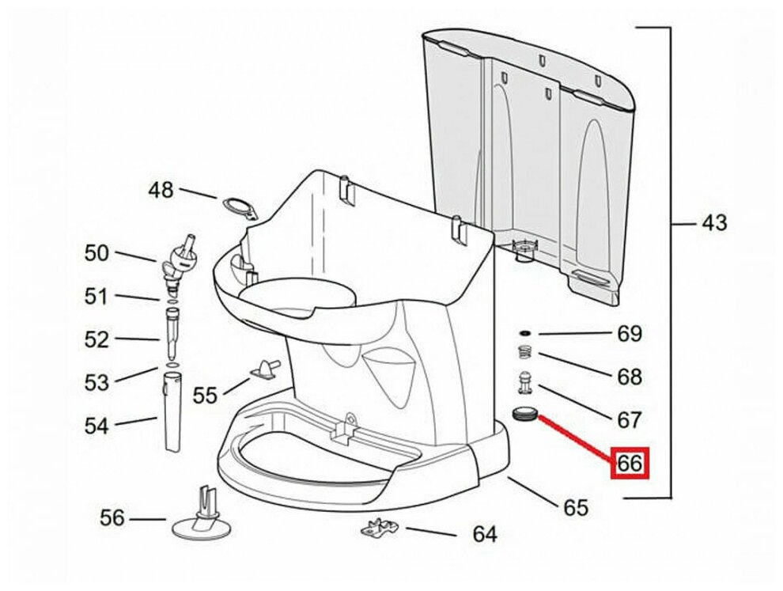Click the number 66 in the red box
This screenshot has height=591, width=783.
(630, 463)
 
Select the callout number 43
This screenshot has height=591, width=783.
(715, 222)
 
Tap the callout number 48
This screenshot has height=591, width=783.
(161, 190)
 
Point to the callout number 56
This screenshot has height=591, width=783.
(112, 517)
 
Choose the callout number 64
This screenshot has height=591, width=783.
(485, 535)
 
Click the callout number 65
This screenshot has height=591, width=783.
(577, 508)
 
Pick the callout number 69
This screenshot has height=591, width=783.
(630, 333)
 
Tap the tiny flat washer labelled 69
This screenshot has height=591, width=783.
(524, 333)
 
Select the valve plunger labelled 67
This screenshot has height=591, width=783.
(524, 382)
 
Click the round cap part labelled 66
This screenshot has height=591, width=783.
(524, 414)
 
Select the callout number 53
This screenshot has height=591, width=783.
(96, 383)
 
